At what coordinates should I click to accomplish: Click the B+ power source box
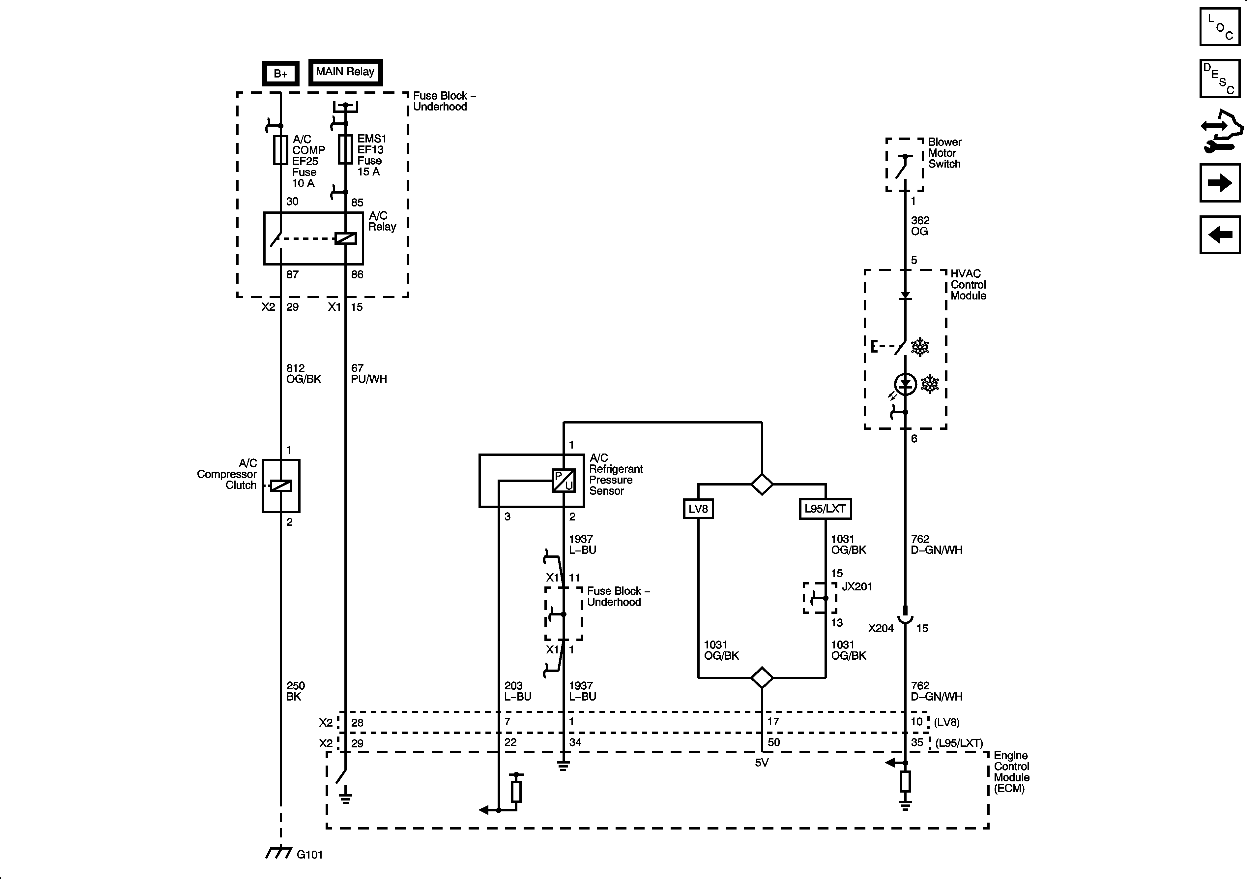280,73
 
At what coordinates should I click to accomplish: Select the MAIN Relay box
345,72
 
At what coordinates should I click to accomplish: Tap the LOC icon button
1220,27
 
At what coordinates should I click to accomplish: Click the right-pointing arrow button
1220,183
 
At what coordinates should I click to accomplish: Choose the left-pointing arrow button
1220,235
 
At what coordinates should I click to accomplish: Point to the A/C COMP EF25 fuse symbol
280,150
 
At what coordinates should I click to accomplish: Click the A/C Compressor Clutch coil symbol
281,486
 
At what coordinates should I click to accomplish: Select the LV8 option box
698,509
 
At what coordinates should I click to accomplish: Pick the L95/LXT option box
825,509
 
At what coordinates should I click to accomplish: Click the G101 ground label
309,855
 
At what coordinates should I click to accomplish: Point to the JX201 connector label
856,586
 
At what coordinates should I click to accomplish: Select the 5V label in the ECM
762,763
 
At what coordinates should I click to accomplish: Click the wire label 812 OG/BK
304,373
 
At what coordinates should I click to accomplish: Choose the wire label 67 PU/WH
368,373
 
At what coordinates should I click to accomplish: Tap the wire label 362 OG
920,226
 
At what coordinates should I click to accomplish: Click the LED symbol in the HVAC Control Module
905,384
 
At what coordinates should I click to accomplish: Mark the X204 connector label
881,628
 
